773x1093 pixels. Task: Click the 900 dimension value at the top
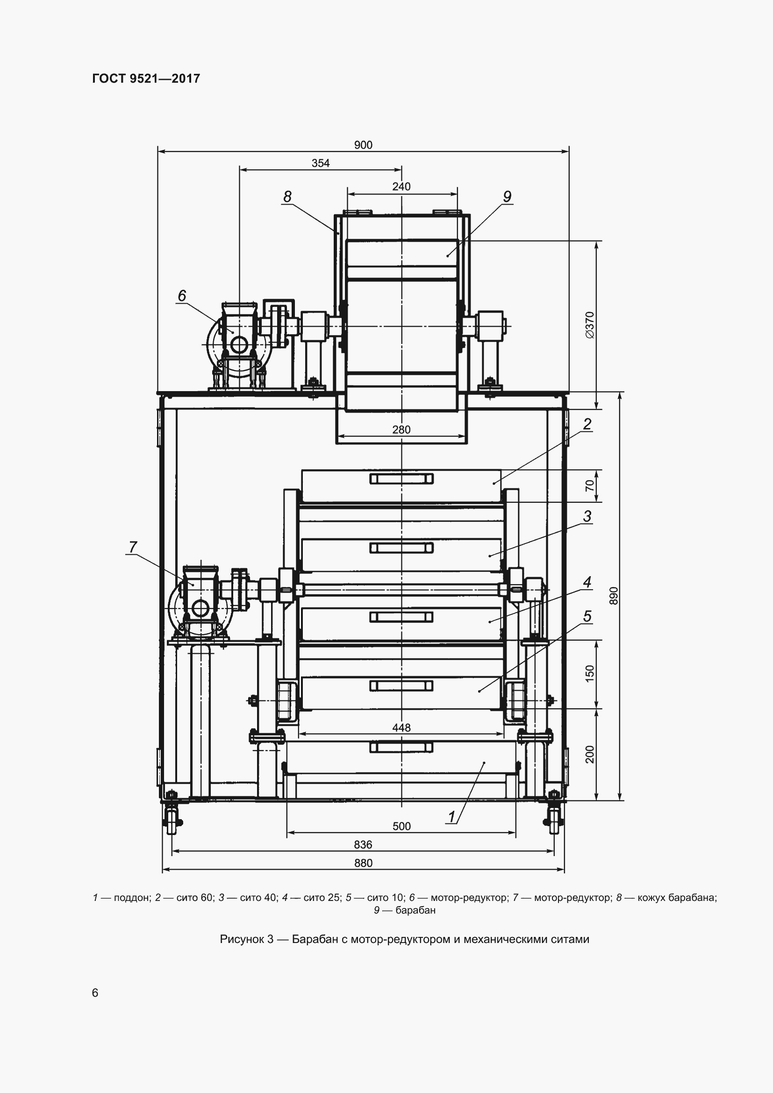363,145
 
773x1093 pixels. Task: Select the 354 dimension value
320,163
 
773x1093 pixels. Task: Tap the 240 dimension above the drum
401,186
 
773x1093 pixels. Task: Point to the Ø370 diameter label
590,325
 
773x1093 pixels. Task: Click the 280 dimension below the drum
401,429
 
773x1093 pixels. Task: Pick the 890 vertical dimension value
614,595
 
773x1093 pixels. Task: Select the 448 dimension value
401,728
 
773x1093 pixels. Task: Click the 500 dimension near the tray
401,826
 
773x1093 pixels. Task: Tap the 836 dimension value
363,844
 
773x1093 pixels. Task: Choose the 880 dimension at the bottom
363,863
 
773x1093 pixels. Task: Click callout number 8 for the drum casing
287,196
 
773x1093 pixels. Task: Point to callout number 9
507,196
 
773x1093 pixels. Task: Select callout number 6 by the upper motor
182,296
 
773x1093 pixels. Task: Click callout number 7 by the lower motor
133,547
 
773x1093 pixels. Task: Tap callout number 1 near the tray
452,817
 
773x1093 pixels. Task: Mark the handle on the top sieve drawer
401,479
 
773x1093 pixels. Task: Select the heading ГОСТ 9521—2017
146,79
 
